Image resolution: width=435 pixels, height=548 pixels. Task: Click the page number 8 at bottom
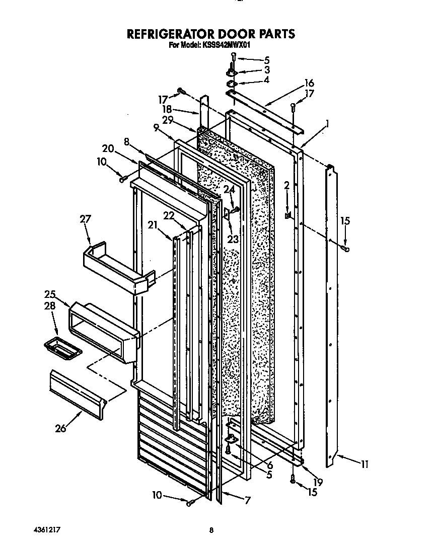[212, 529]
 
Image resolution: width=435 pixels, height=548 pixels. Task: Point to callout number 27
[86, 219]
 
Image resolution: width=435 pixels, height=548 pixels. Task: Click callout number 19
[318, 482]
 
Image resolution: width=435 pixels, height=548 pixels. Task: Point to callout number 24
[230, 190]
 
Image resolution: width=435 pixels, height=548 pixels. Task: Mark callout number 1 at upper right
[327, 122]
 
